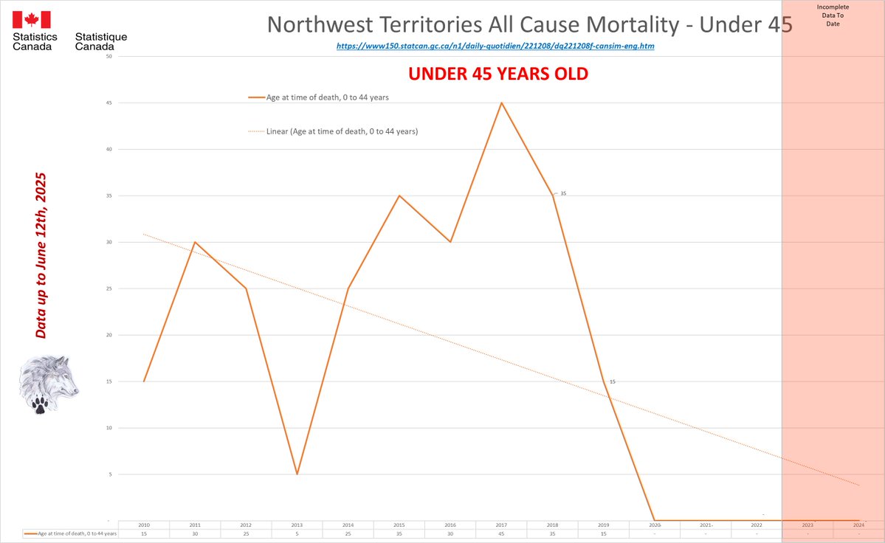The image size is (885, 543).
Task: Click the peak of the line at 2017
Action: [x=502, y=103]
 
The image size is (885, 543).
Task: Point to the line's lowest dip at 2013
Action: [x=297, y=474]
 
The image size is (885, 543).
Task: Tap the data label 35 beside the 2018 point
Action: [x=563, y=193]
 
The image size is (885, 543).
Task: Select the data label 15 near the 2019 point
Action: [x=612, y=381]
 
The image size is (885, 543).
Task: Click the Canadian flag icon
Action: [x=32, y=20]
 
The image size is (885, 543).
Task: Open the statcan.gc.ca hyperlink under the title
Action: [x=495, y=46]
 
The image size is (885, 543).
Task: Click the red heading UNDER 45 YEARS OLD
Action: [x=498, y=75]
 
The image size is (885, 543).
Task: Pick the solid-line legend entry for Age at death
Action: [x=317, y=97]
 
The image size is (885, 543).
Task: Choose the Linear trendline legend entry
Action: [x=332, y=131]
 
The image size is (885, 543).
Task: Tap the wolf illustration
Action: [x=50, y=384]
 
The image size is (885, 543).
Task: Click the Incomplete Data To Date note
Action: [x=833, y=15]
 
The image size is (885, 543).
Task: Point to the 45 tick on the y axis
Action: [x=109, y=103]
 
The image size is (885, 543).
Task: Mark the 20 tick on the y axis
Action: [x=109, y=335]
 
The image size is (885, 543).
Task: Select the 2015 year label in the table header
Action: [x=399, y=525]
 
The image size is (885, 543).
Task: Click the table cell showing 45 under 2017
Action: [x=502, y=533]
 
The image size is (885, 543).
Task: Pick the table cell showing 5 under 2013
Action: [x=297, y=533]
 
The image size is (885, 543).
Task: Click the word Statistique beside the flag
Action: [x=101, y=36]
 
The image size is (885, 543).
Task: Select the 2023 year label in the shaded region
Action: [x=807, y=525]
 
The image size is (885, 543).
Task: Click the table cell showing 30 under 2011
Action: [x=195, y=533]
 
